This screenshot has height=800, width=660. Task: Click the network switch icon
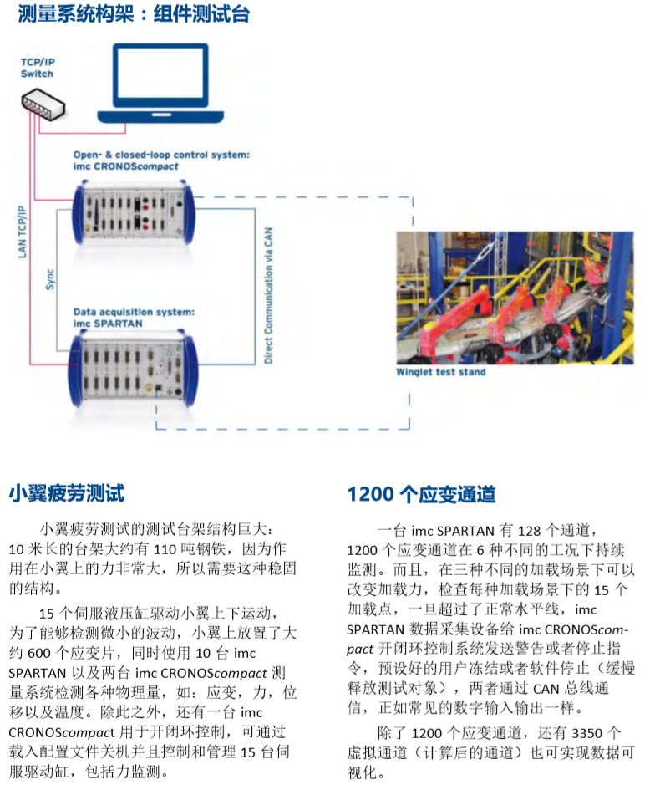point(43,104)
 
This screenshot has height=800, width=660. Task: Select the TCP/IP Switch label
point(38,68)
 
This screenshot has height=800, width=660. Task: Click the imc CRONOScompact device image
point(133,213)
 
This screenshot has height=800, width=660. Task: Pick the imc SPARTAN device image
point(133,369)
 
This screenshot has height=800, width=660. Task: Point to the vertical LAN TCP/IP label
point(22,232)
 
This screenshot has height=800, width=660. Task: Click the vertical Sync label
point(49,279)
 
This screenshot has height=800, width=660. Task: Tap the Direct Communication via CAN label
point(268,295)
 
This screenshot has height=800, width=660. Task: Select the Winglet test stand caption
point(440,372)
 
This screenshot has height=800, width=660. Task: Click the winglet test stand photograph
point(515,298)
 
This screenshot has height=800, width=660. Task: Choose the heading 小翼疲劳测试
point(67,493)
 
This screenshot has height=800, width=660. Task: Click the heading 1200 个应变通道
point(421,494)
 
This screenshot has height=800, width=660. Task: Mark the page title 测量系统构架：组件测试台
point(135,13)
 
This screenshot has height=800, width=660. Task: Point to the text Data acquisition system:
point(135,312)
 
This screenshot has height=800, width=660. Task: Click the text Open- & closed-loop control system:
point(162,155)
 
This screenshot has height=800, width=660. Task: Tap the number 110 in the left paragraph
point(165,549)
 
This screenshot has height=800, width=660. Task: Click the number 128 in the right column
point(529,531)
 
